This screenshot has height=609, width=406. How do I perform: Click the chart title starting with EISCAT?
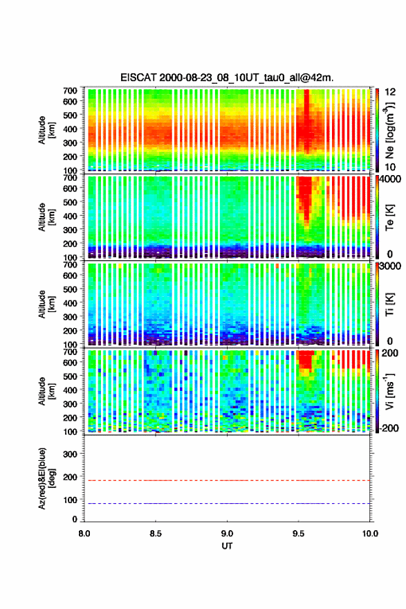pyautogui.click(x=227, y=78)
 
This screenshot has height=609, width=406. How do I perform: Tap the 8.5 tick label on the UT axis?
pyautogui.click(x=156, y=534)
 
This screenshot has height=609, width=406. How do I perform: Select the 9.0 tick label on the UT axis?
pyautogui.click(x=227, y=534)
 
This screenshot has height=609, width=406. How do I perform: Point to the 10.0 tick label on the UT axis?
pyautogui.click(x=370, y=534)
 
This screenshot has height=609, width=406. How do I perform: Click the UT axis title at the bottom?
pyautogui.click(x=227, y=546)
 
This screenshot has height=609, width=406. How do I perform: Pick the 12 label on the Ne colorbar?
pyautogui.click(x=390, y=92)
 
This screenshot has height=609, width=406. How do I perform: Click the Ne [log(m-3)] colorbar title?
pyautogui.click(x=390, y=131)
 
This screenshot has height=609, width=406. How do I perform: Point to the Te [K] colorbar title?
pyautogui.click(x=389, y=217)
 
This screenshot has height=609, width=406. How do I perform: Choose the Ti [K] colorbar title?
pyautogui.click(x=389, y=304)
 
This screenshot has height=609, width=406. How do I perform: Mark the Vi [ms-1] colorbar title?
pyautogui.click(x=390, y=391)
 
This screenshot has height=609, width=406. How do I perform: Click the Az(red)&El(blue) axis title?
pyautogui.click(x=46, y=478)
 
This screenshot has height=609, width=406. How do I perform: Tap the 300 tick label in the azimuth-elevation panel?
pyautogui.click(x=70, y=454)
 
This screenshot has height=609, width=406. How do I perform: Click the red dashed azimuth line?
pyautogui.click(x=227, y=480)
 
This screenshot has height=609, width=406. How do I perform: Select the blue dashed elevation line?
pyautogui.click(x=227, y=503)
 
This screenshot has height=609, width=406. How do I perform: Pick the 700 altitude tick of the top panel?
pyautogui.click(x=70, y=90)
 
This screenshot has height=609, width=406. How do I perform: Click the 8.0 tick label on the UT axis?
pyautogui.click(x=84, y=534)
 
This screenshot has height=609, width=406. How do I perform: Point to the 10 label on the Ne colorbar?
pyautogui.click(x=390, y=167)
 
